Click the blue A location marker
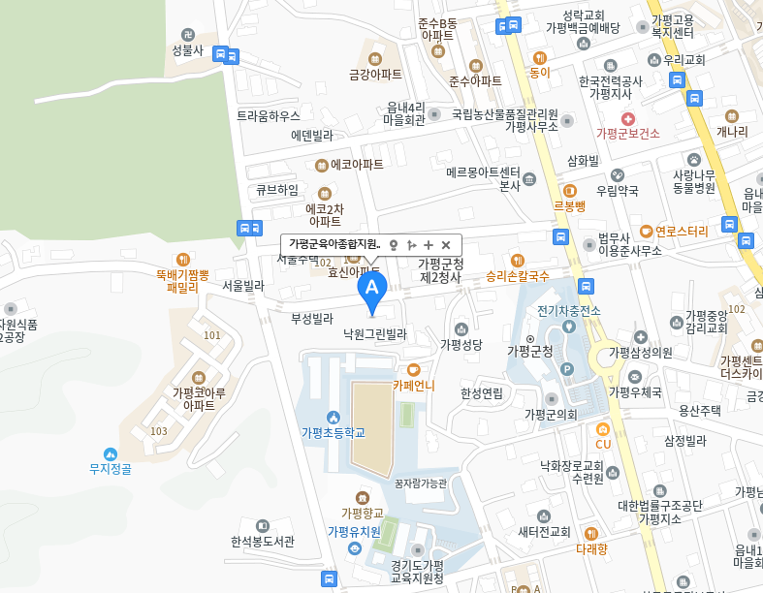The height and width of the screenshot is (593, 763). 372,288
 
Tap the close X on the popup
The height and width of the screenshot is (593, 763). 446,245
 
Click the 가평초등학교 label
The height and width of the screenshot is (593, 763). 333,432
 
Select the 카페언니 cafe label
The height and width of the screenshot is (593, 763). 414,385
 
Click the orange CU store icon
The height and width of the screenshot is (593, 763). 603,428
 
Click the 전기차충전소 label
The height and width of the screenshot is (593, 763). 569,310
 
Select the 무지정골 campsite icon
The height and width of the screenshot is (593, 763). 110,453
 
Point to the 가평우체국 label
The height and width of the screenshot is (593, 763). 635,392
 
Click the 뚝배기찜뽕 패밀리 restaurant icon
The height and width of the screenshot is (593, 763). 182,260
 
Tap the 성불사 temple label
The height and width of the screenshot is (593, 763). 187,49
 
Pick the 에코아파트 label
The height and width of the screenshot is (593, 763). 357,165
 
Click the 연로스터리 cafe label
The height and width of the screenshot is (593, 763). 682,232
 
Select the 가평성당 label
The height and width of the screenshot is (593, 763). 461,343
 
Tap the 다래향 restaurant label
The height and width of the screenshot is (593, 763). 591,548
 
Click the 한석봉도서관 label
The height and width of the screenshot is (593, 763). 262,542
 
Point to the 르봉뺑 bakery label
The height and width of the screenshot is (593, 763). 569,205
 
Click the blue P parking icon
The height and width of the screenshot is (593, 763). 568,368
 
